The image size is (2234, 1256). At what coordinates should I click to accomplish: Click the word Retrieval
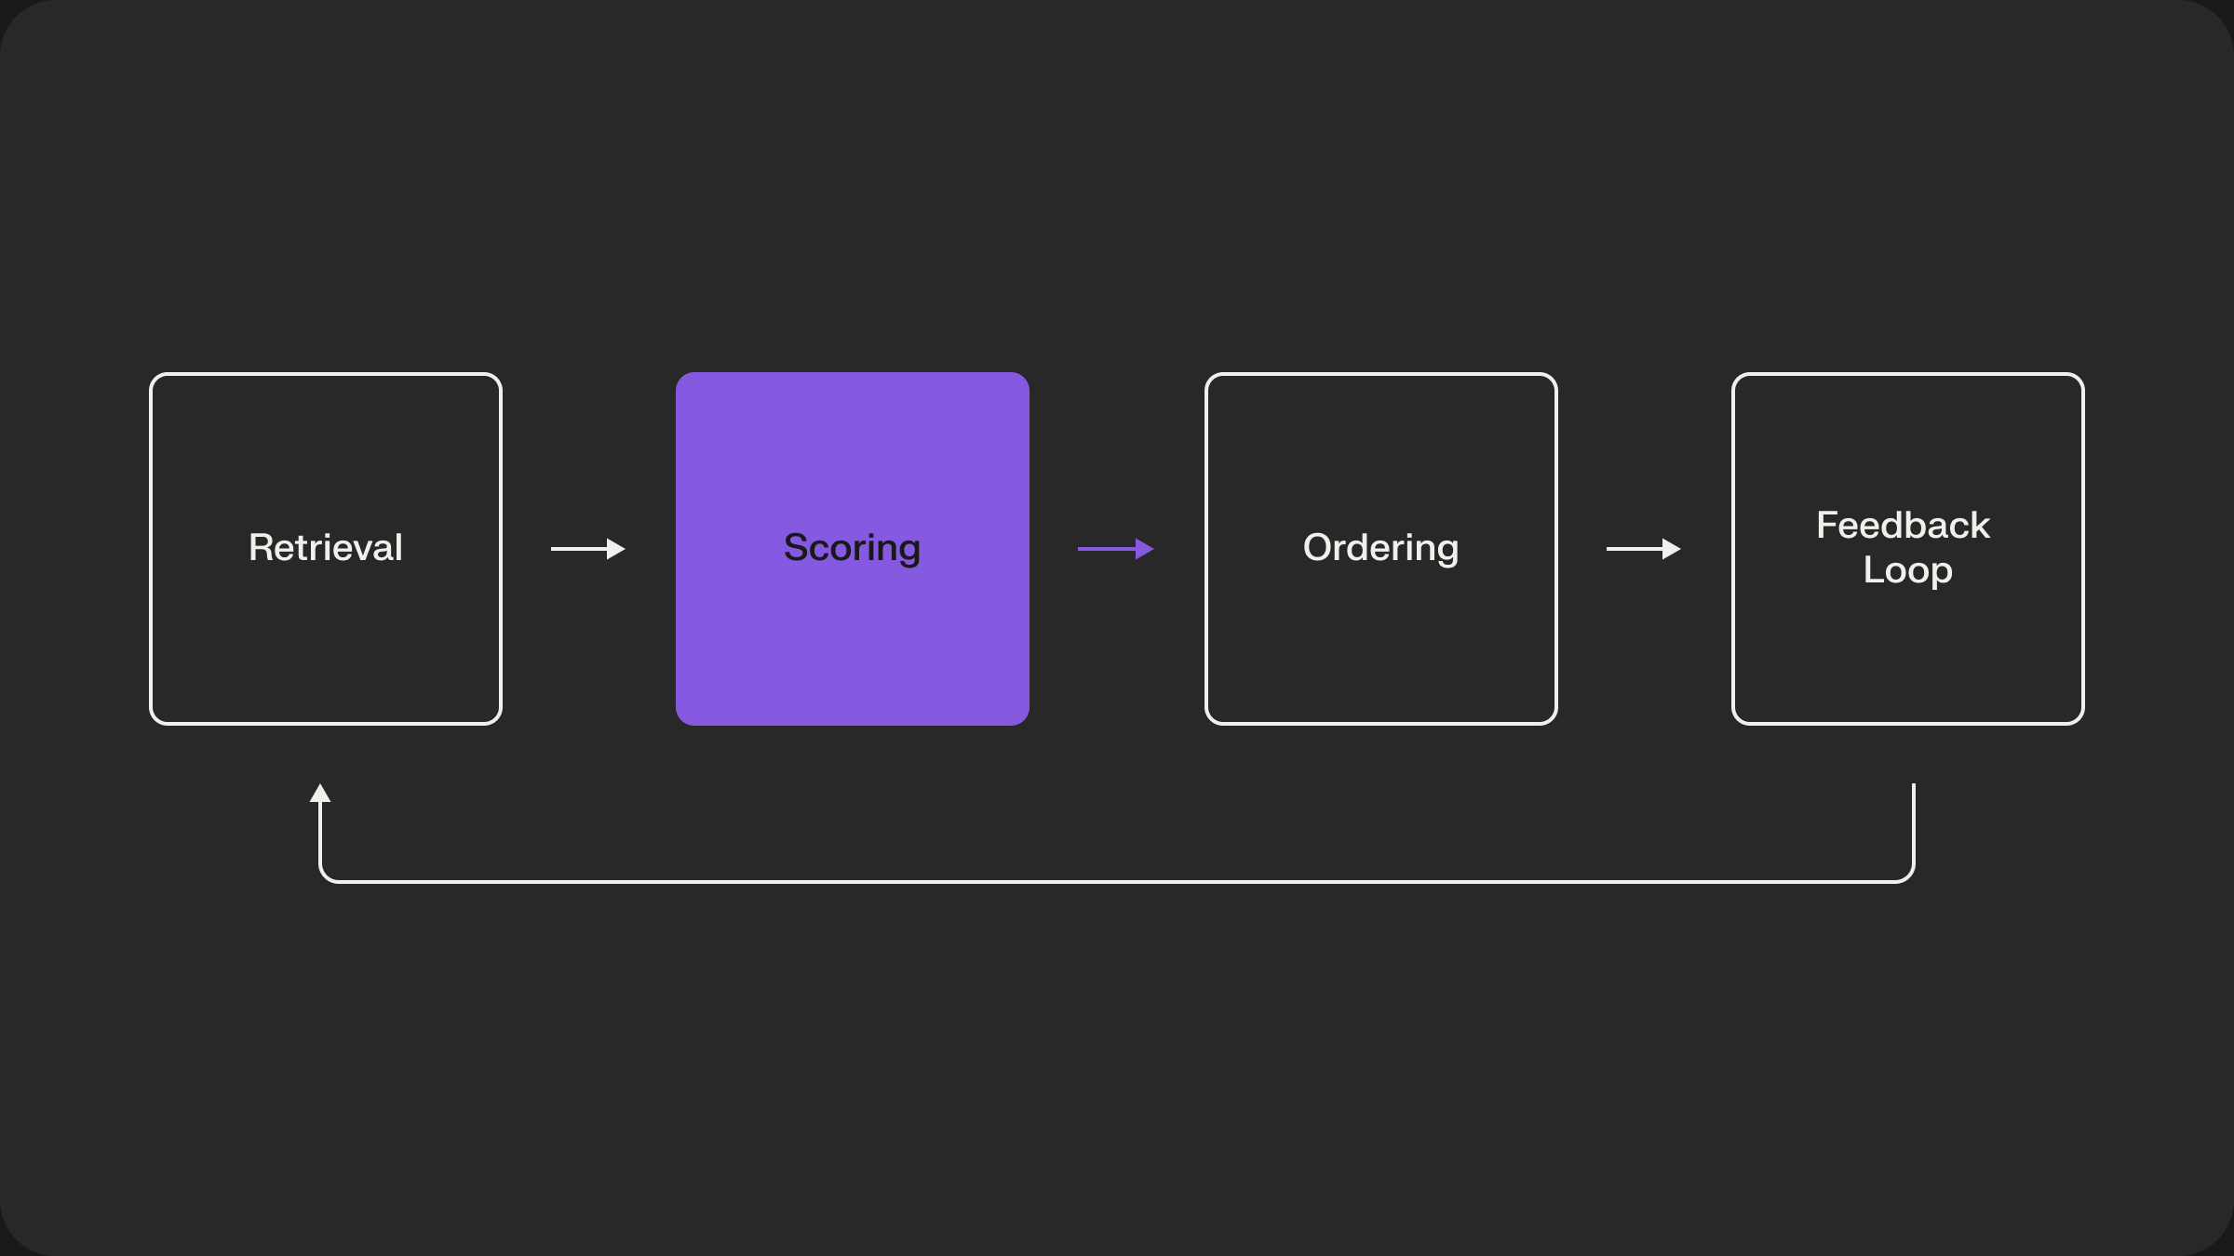point(326,548)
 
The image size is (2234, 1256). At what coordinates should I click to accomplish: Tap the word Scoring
point(852,548)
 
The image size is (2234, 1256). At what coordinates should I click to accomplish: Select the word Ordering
point(1380,548)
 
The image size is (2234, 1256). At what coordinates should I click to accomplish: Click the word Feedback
point(1903,526)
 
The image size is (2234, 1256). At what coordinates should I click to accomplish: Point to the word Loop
point(1907,570)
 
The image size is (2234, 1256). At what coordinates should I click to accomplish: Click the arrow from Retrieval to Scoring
point(586,549)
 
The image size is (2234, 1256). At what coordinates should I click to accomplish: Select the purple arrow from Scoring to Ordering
point(1114,549)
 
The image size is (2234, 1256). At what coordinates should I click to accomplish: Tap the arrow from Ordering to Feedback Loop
point(1642,549)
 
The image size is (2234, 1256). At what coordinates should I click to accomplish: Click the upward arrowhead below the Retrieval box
point(320,794)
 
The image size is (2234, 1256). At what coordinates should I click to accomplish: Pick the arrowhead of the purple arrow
point(1144,549)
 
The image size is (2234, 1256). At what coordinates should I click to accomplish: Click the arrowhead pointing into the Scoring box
point(615,549)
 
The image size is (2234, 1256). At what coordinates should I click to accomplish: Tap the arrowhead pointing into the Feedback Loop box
point(1671,549)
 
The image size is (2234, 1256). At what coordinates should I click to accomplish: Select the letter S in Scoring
point(796,548)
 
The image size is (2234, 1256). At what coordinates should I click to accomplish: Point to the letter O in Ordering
point(1317,548)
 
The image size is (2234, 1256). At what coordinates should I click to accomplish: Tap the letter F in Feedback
point(1827,526)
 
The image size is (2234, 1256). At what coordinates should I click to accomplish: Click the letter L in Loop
point(1872,569)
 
